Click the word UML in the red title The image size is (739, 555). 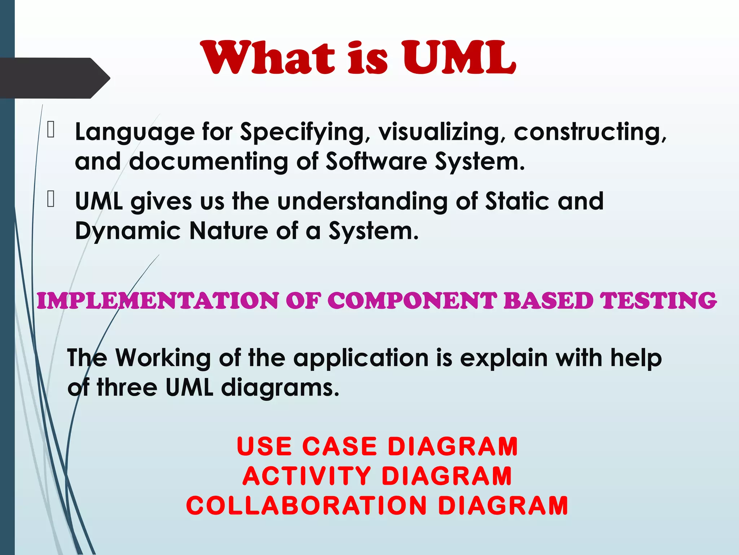click(459, 58)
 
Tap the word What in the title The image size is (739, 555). click(267, 58)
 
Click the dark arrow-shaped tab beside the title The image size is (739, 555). click(54, 78)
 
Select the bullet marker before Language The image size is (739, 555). click(51, 130)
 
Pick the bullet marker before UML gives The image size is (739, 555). click(51, 200)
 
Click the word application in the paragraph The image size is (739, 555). click(361, 358)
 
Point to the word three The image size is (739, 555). click(127, 387)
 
